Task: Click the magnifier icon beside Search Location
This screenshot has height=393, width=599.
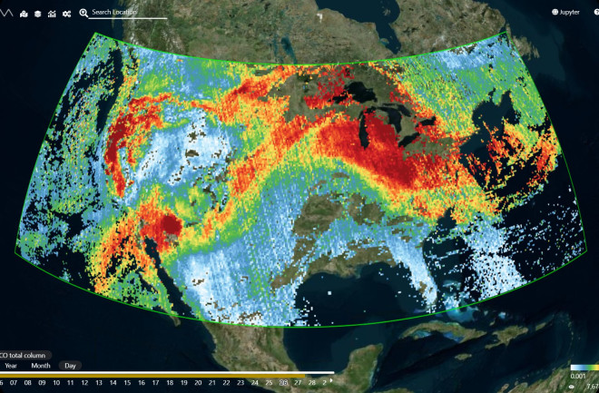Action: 84,13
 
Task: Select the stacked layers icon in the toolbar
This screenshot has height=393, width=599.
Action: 37,14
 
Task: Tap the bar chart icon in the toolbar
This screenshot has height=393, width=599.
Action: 52,14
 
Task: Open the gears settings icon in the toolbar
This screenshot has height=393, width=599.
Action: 66,14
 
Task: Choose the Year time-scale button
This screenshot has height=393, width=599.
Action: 11,366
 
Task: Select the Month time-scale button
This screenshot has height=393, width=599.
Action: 41,366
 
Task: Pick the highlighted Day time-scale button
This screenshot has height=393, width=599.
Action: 69,366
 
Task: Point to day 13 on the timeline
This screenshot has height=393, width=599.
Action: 113,383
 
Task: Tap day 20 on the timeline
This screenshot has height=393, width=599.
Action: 211,383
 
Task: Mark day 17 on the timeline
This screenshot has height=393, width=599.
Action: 170,383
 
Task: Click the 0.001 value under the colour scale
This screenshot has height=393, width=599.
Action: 577,376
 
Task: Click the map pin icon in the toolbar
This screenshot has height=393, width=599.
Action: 23,14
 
